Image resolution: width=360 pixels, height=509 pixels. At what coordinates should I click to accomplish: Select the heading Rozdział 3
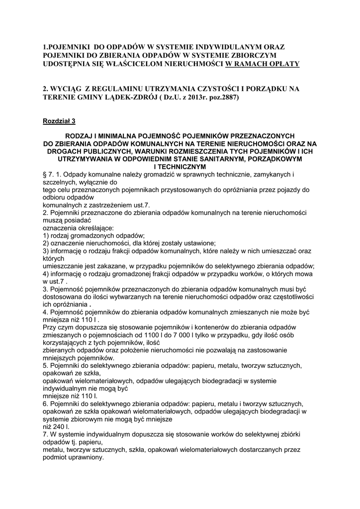click(59, 121)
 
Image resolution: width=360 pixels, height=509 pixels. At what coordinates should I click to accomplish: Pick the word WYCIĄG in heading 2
click(70, 89)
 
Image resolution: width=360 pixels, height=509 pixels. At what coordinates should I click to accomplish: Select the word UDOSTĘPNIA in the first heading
click(68, 64)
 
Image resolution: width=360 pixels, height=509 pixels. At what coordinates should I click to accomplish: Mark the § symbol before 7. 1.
click(45, 175)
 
